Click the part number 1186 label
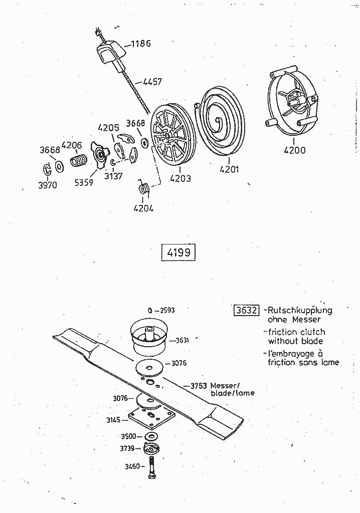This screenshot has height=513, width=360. [141, 44]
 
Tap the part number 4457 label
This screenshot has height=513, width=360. [152, 81]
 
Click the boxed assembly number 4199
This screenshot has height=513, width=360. [178, 252]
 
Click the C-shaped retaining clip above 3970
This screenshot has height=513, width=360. [46, 169]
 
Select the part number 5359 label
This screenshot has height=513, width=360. [84, 183]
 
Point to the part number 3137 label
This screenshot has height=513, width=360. [113, 176]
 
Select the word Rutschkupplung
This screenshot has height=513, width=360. [300, 310]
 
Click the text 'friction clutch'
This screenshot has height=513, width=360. [297, 332]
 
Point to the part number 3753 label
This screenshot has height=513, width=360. [200, 386]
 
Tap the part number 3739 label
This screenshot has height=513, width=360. [128, 447]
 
